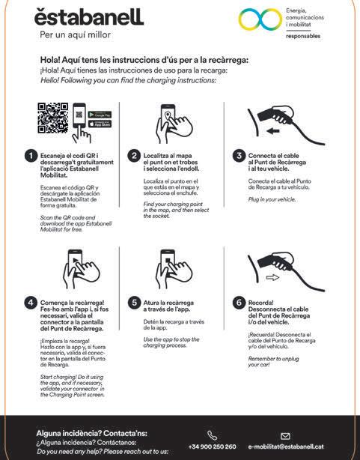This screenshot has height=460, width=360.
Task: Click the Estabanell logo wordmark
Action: [x=89, y=17]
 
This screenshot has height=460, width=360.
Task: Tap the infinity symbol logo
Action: [x=260, y=19]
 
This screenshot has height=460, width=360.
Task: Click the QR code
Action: [x=53, y=118]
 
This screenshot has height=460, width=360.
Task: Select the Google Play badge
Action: [x=100, y=115]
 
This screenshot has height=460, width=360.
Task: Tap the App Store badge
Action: [x=100, y=124]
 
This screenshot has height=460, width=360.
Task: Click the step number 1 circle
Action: [x=31, y=156]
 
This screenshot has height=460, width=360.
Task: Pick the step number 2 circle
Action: [x=134, y=156]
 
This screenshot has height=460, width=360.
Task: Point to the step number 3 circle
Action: [x=239, y=156]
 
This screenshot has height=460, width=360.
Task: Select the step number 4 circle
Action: [x=31, y=303]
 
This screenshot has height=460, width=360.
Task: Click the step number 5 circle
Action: [x=134, y=303]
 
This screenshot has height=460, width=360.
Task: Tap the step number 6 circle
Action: [x=239, y=303]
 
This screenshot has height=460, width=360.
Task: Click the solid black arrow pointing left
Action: [x=273, y=131]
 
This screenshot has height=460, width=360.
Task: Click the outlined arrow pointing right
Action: [x=272, y=277]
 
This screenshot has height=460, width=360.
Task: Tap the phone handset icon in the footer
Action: [x=213, y=435]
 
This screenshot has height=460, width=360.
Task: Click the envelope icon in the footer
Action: [x=285, y=436]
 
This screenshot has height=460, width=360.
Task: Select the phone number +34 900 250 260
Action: [x=212, y=447]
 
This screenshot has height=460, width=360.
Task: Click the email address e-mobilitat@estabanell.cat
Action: [x=286, y=447]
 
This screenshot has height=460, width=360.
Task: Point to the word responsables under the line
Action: [x=303, y=36]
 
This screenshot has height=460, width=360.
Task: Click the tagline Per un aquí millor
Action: [x=76, y=35]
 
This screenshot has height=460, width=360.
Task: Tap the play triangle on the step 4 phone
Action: [x=76, y=260]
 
